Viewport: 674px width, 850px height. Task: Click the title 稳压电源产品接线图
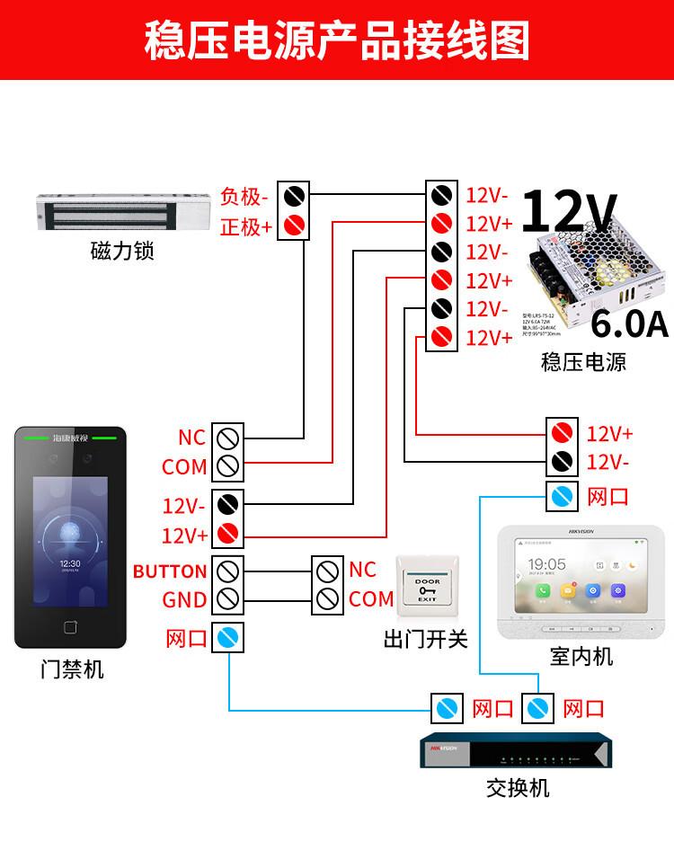(x=337, y=41)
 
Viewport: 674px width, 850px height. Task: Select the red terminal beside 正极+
(x=294, y=226)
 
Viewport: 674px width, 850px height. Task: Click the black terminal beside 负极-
(x=294, y=195)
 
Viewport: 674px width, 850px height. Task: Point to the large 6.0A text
(x=629, y=323)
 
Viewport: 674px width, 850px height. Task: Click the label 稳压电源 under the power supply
(x=583, y=362)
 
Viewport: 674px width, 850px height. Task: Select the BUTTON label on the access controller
(x=170, y=571)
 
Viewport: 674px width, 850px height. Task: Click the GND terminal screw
(x=227, y=599)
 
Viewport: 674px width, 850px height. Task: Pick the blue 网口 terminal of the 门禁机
(x=227, y=639)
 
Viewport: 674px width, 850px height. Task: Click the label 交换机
(x=517, y=788)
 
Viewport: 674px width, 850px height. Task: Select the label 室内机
(x=581, y=657)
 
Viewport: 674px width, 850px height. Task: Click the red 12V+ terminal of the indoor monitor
(x=563, y=433)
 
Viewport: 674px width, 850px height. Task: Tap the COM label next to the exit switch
(x=371, y=599)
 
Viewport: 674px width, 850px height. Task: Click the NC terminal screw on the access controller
(x=227, y=438)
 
